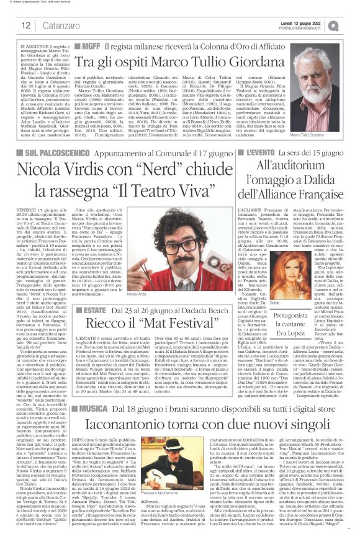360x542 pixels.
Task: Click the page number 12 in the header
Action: [26, 25]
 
